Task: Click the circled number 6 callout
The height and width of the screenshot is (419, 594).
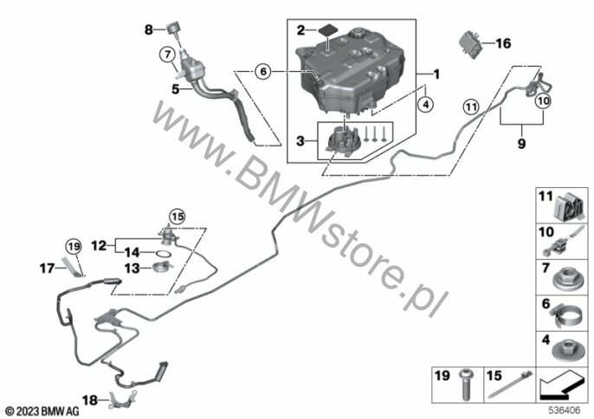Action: coord(264,74)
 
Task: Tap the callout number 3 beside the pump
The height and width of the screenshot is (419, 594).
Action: coord(300,140)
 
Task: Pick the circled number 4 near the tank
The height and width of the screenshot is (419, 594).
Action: coord(424,106)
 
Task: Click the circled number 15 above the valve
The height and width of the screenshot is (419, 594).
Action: coord(177,215)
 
